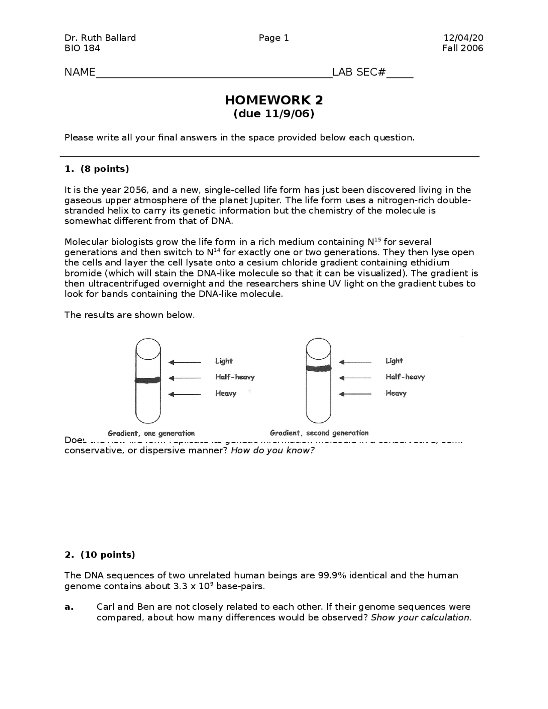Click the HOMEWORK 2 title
pyautogui.click(x=274, y=100)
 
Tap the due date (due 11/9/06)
pyautogui.click(x=274, y=114)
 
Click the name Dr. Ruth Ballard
pyautogui.click(x=100, y=38)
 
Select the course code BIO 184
pyautogui.click(x=82, y=48)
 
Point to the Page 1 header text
pyautogui.click(x=274, y=38)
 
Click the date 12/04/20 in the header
pyautogui.click(x=463, y=38)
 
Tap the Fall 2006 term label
pyautogui.click(x=462, y=48)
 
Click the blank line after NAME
pyautogui.click(x=214, y=74)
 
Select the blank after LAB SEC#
pyautogui.click(x=399, y=74)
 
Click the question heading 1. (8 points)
pyautogui.click(x=97, y=169)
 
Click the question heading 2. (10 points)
pyautogui.click(x=100, y=555)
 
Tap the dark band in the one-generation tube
pyautogui.click(x=148, y=380)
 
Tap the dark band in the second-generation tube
pyautogui.click(x=319, y=368)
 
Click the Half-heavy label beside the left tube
pyautogui.click(x=235, y=377)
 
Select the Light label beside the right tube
pyautogui.click(x=394, y=361)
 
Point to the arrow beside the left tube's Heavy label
pyautogui.click(x=185, y=394)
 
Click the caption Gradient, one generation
pyautogui.click(x=151, y=433)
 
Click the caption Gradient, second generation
pyautogui.click(x=319, y=433)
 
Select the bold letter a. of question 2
pyautogui.click(x=69, y=607)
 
